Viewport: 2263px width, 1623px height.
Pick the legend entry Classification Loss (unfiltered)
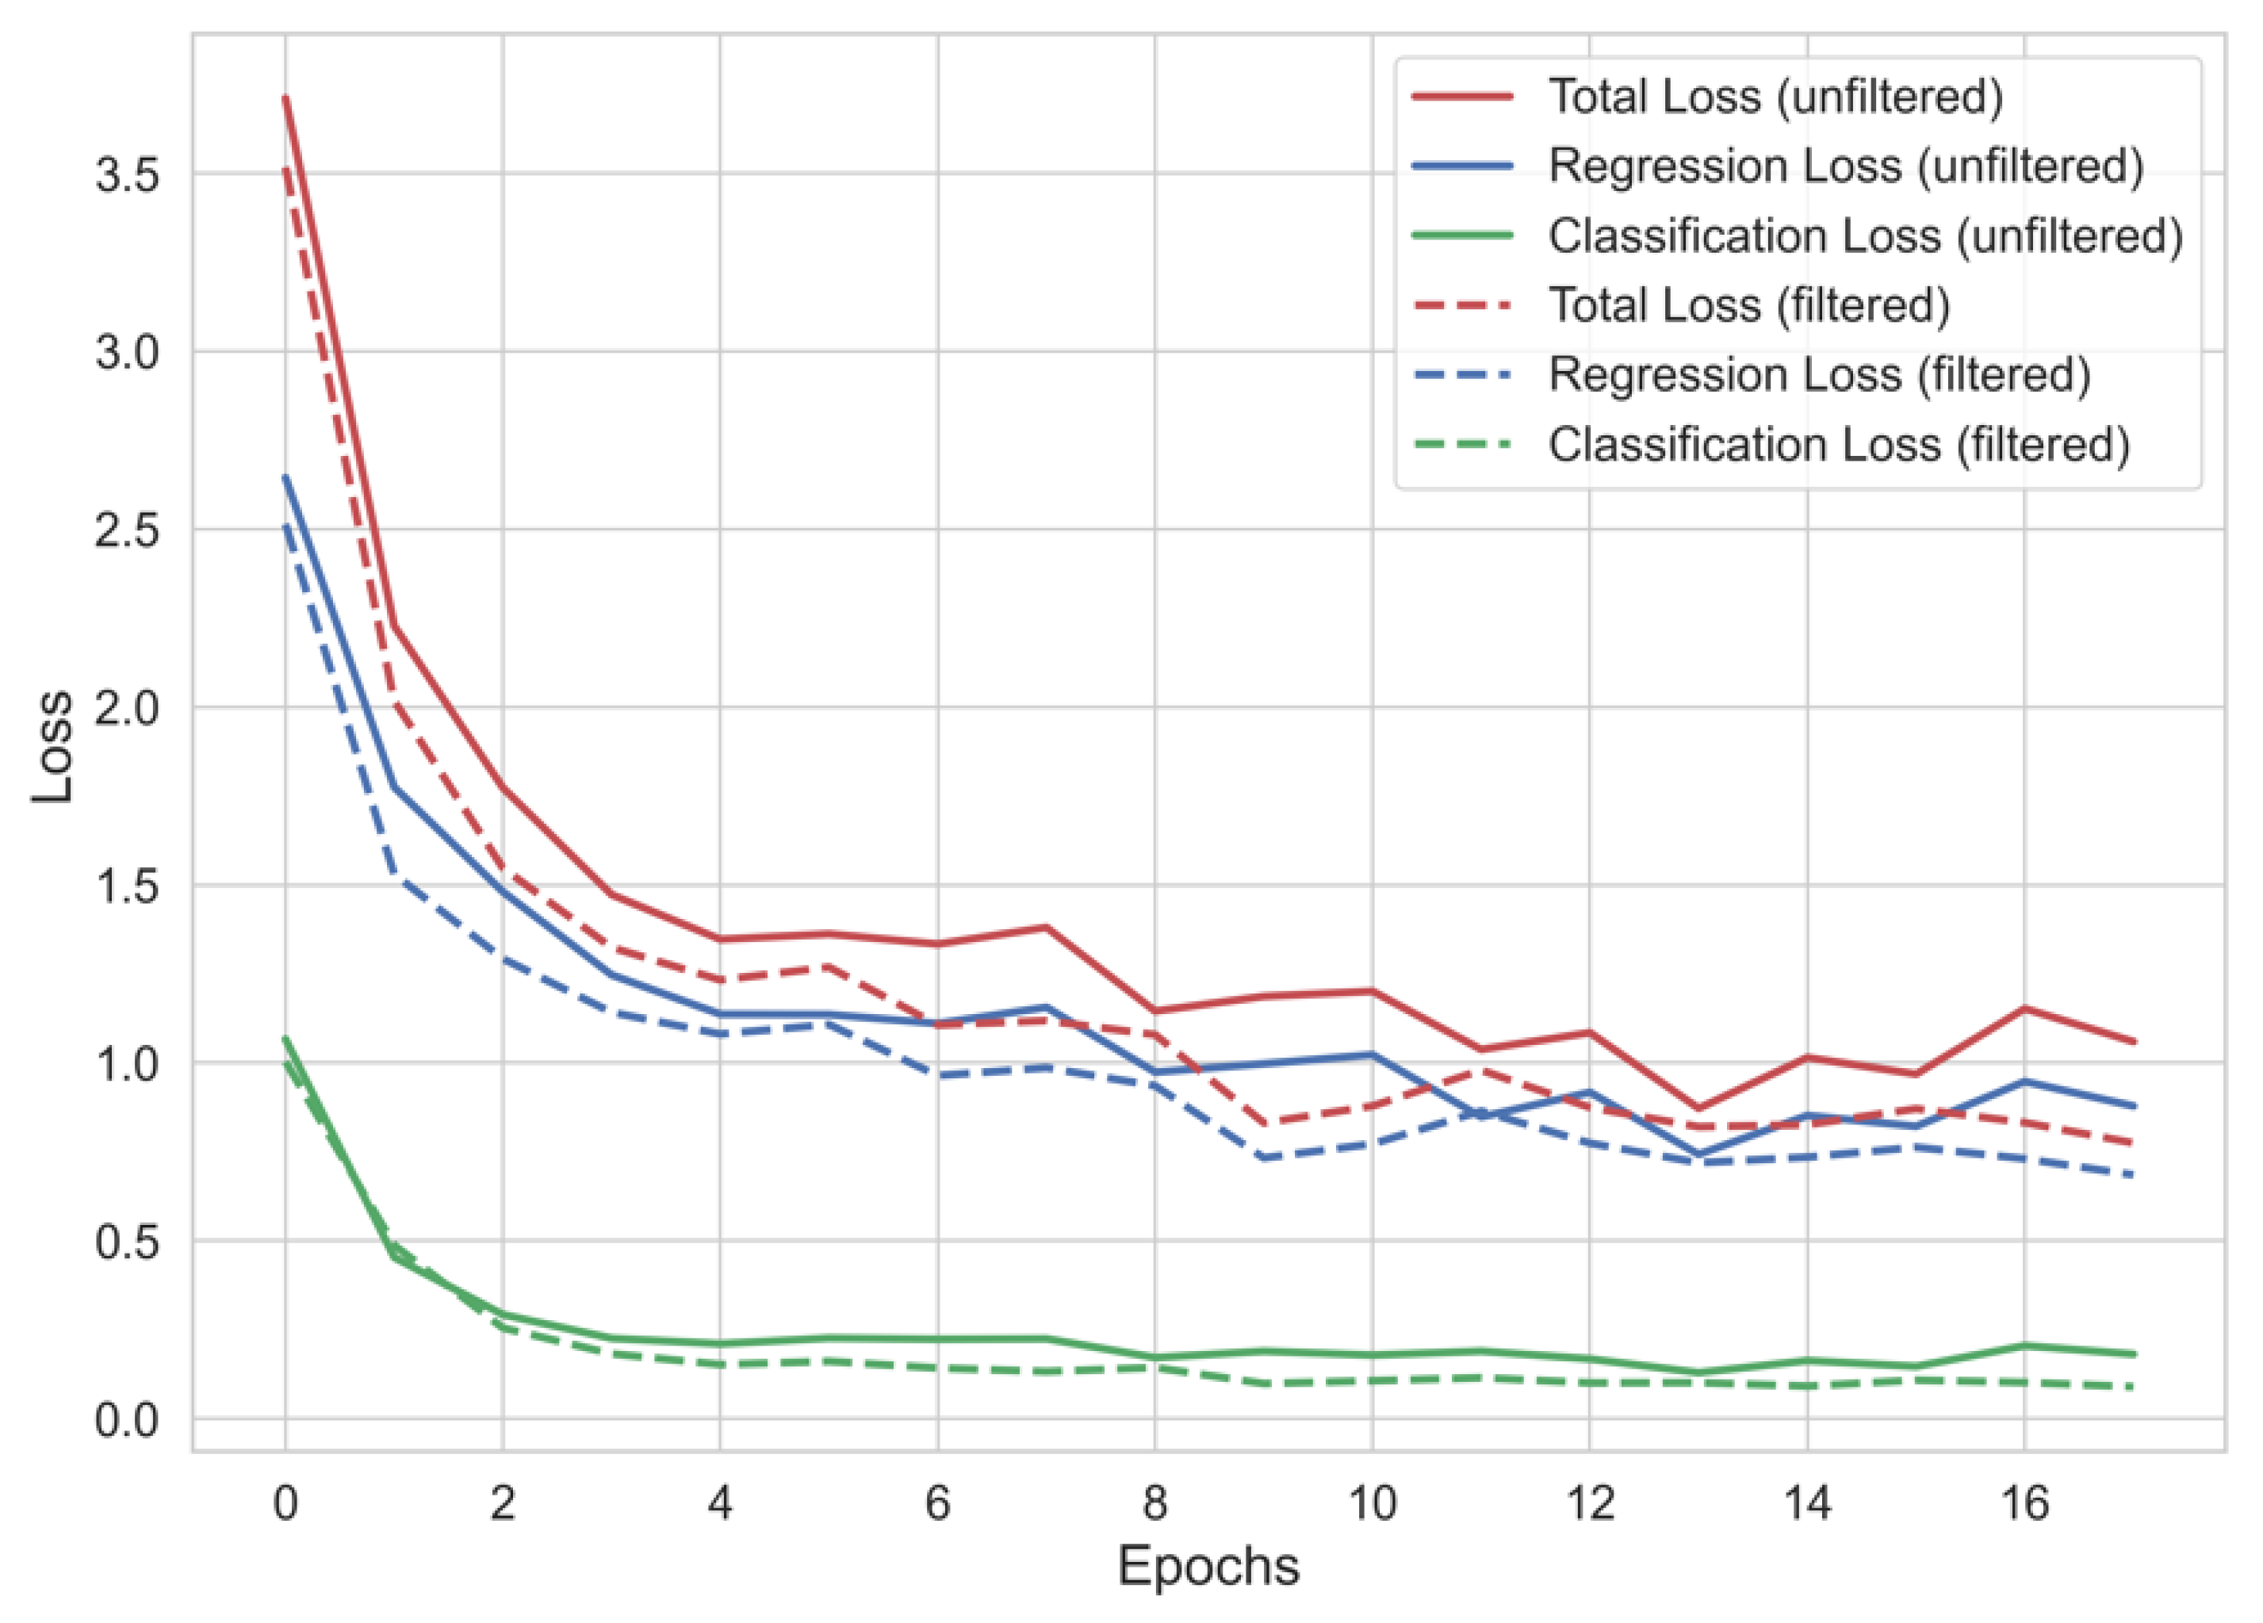coord(1865,235)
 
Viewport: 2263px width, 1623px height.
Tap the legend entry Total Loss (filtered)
coord(1748,304)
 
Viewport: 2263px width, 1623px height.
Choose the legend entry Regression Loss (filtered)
coord(1819,374)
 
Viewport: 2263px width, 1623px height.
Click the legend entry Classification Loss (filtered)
coord(1839,444)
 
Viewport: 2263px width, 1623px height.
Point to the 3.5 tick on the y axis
coord(127,174)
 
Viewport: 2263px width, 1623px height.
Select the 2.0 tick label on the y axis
coord(127,708)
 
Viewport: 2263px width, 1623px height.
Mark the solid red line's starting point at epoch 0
coord(285,97)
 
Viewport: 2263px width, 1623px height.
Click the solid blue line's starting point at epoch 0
coord(285,477)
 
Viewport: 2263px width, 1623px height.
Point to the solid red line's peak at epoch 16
coord(2024,1008)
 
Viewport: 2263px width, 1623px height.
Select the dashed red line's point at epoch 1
coord(395,704)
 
